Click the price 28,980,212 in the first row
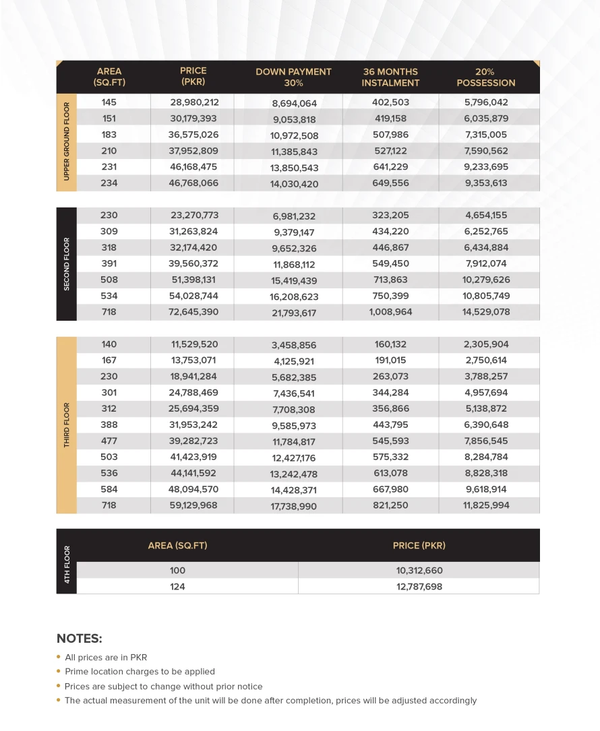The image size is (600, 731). pyautogui.click(x=194, y=102)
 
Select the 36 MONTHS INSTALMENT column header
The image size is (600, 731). pyautogui.click(x=390, y=77)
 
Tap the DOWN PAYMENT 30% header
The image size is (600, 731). pyautogui.click(x=293, y=77)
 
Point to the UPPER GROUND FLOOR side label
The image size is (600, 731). pyautogui.click(x=67, y=142)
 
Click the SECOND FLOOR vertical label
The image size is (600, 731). pyautogui.click(x=67, y=263)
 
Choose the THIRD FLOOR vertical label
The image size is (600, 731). pyautogui.click(x=67, y=425)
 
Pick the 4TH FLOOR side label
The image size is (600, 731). pyautogui.click(x=67, y=561)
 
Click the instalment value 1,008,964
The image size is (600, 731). pyautogui.click(x=390, y=312)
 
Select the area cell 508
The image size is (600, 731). pyautogui.click(x=109, y=280)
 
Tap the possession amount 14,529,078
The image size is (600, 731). pyautogui.click(x=486, y=312)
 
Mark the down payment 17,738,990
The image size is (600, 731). pyautogui.click(x=293, y=506)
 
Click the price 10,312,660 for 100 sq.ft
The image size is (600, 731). pyautogui.click(x=419, y=571)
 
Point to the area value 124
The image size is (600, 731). pyautogui.click(x=177, y=587)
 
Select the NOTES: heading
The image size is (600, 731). pyautogui.click(x=80, y=639)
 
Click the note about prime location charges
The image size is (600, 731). pyautogui.click(x=140, y=672)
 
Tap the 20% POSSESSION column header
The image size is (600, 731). pyautogui.click(x=485, y=77)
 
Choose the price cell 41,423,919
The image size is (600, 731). pyautogui.click(x=193, y=457)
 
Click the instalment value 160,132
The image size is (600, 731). pyautogui.click(x=390, y=344)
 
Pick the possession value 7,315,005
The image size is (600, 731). pyautogui.click(x=486, y=135)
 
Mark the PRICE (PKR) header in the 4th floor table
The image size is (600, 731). pyautogui.click(x=419, y=545)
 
